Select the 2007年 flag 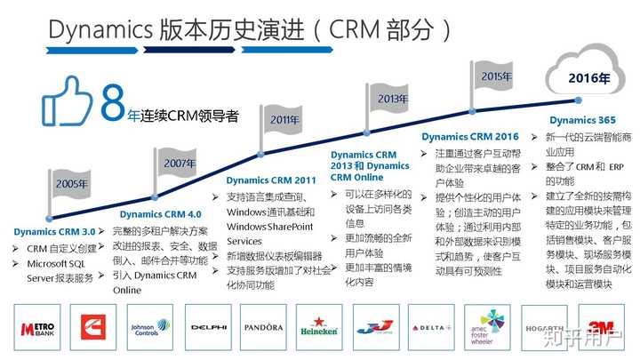tap(179, 163)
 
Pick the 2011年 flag tap(284, 119)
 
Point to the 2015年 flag tap(496, 76)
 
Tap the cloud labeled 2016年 tap(589, 76)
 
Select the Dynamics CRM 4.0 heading tap(160, 214)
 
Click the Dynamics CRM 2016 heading tap(469, 137)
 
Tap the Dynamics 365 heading tap(581, 120)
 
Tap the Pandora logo tap(263, 328)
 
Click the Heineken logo tap(317, 328)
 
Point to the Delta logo tap(430, 328)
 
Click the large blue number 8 tap(112, 103)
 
